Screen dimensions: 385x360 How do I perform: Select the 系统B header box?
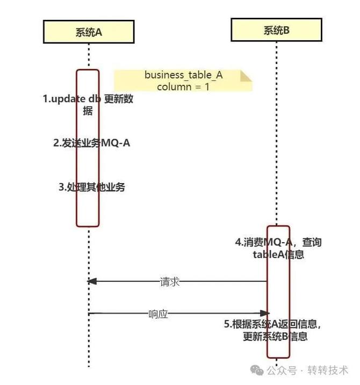(x=277, y=30)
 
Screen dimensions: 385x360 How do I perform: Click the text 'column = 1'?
(x=183, y=86)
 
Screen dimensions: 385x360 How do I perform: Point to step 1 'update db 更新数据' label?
(x=88, y=105)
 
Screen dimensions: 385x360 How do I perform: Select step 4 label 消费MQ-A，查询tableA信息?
(x=278, y=249)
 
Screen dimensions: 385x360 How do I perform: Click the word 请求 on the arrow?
(x=170, y=281)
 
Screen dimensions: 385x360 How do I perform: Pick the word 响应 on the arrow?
(x=158, y=314)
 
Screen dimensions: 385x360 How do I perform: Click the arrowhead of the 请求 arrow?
(x=92, y=281)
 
